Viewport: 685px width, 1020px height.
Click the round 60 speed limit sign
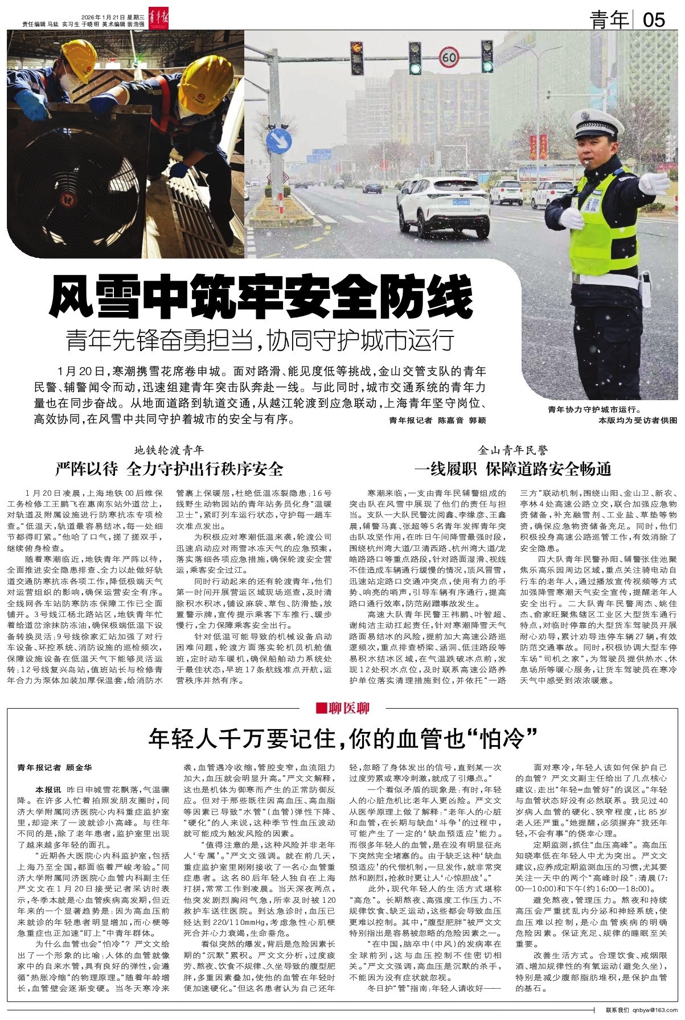click(x=449, y=57)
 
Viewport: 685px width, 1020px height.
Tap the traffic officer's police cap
click(x=592, y=119)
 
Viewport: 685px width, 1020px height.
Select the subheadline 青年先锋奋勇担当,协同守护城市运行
click(x=260, y=340)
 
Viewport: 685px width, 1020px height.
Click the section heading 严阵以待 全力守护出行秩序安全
click(x=169, y=468)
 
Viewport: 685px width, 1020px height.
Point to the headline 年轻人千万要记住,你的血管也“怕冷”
click(x=343, y=739)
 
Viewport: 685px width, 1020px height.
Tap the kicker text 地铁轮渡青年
click(x=169, y=450)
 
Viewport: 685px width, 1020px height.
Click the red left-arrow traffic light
click(x=357, y=48)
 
